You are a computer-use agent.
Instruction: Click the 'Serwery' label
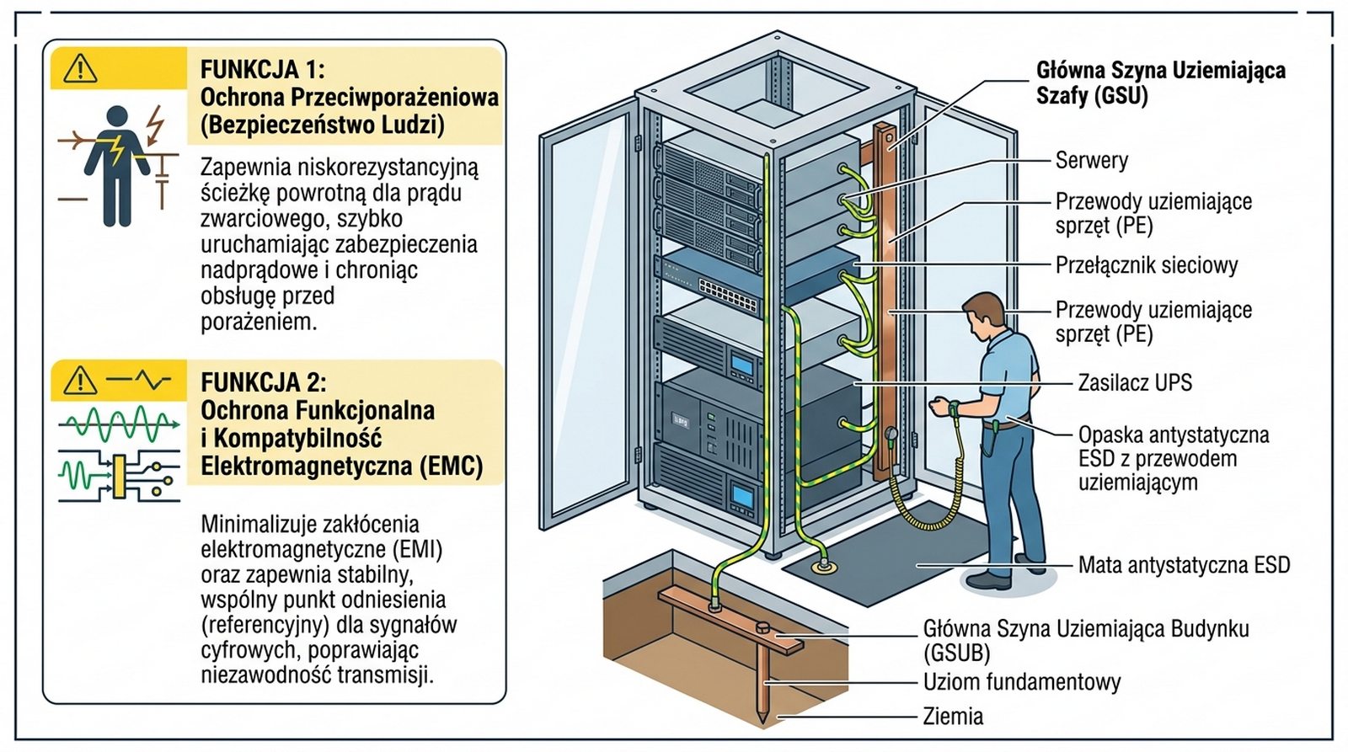click(x=1091, y=160)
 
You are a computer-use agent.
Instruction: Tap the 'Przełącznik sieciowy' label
click(x=1146, y=265)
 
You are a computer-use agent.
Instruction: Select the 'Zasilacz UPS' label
click(x=1135, y=382)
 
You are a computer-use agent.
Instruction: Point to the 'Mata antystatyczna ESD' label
click(x=1184, y=565)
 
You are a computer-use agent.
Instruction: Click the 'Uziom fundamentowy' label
click(x=1021, y=681)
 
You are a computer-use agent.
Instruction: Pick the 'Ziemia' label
click(x=953, y=717)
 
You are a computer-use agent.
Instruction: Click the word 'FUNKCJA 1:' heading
click(x=262, y=69)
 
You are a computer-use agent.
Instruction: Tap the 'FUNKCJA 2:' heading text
click(x=263, y=382)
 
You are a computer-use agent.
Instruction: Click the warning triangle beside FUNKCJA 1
click(x=81, y=67)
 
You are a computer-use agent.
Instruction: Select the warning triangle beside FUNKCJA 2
click(x=80, y=381)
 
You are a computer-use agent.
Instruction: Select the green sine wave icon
click(x=118, y=424)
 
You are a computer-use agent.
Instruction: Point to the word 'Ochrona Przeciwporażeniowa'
click(x=349, y=97)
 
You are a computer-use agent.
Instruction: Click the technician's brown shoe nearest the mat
click(x=987, y=580)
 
